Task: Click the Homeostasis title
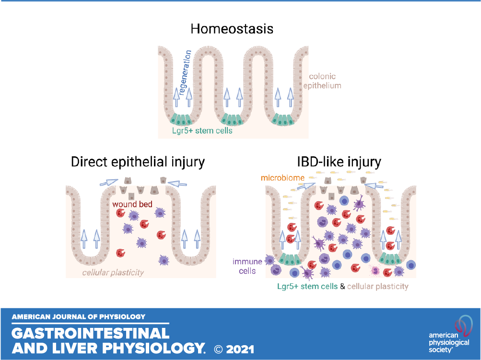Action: pyautogui.click(x=232, y=29)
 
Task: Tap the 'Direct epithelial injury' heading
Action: pyautogui.click(x=138, y=162)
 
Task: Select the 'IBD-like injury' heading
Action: pyautogui.click(x=339, y=162)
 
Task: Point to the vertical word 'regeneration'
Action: pyautogui.click(x=185, y=73)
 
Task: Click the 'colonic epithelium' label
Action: pyautogui.click(x=322, y=81)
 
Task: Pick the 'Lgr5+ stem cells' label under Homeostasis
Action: pyautogui.click(x=202, y=131)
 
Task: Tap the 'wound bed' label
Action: pyautogui.click(x=132, y=204)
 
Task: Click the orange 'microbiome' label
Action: pyautogui.click(x=282, y=178)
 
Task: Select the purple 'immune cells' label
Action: pyautogui.click(x=247, y=266)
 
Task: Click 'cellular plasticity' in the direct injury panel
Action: pyautogui.click(x=113, y=273)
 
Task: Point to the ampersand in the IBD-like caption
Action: pyautogui.click(x=342, y=286)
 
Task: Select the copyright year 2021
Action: pyautogui.click(x=240, y=349)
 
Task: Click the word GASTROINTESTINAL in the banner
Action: pyautogui.click(x=91, y=333)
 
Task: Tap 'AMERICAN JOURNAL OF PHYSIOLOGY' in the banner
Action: pyautogui.click(x=79, y=317)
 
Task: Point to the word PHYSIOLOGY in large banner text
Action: pyautogui.click(x=153, y=348)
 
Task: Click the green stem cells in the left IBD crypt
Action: pyautogui.click(x=288, y=259)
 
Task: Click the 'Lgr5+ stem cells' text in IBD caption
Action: pyautogui.click(x=307, y=286)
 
